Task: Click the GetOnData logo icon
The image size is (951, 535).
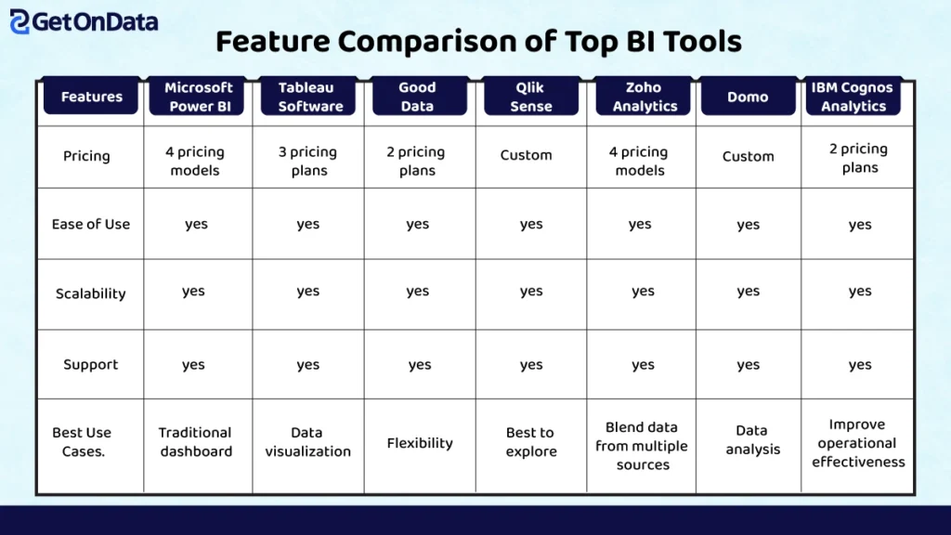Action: click(x=20, y=22)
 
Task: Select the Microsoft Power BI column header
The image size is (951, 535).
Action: click(x=198, y=96)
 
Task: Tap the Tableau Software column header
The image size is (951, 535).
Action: click(x=308, y=96)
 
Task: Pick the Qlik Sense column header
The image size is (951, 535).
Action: click(x=530, y=96)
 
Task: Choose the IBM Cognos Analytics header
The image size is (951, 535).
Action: click(x=853, y=96)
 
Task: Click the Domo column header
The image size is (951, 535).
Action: click(x=748, y=96)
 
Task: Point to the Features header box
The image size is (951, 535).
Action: click(x=91, y=96)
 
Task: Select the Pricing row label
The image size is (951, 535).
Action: click(x=86, y=156)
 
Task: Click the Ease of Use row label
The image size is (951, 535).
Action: click(x=91, y=225)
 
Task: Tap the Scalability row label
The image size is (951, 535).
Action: click(x=91, y=294)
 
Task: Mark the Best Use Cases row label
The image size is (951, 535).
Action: click(x=82, y=441)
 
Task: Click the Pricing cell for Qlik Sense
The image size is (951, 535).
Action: click(x=526, y=155)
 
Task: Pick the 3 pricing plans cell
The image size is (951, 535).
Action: click(x=308, y=161)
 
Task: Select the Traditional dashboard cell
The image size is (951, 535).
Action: click(x=195, y=441)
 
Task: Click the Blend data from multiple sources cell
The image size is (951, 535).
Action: click(x=642, y=446)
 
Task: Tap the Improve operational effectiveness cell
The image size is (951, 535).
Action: click(x=857, y=443)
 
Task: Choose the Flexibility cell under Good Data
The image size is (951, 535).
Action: click(x=420, y=443)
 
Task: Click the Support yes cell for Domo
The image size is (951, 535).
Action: click(x=748, y=364)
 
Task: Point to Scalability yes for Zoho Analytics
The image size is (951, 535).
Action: click(x=643, y=291)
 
